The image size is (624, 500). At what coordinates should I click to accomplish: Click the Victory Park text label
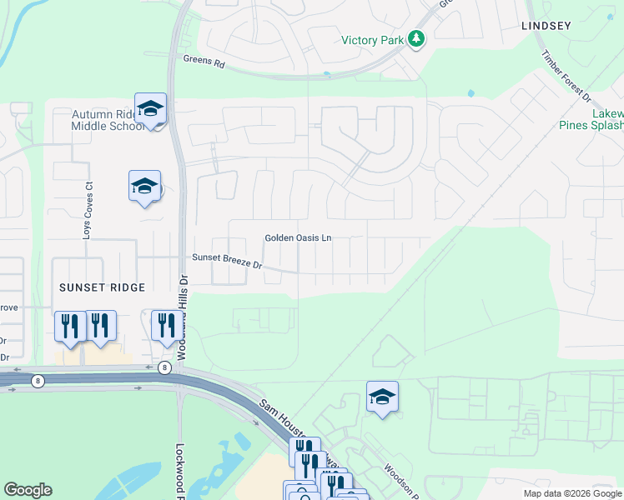372,40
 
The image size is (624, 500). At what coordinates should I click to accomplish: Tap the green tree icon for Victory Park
415,39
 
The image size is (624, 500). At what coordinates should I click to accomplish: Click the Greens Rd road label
204,61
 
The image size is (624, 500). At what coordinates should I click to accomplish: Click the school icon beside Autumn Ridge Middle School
151,109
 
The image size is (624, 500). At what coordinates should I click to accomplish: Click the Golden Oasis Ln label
298,238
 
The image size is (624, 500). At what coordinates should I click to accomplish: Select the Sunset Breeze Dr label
228,262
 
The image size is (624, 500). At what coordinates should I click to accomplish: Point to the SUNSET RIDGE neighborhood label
102,287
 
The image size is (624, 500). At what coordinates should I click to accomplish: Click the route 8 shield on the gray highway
38,381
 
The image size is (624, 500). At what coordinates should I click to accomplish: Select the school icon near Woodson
382,397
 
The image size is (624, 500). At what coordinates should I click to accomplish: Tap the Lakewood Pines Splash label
596,119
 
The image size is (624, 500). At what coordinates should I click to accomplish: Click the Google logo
28,490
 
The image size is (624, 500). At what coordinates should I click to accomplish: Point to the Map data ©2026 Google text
572,493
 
